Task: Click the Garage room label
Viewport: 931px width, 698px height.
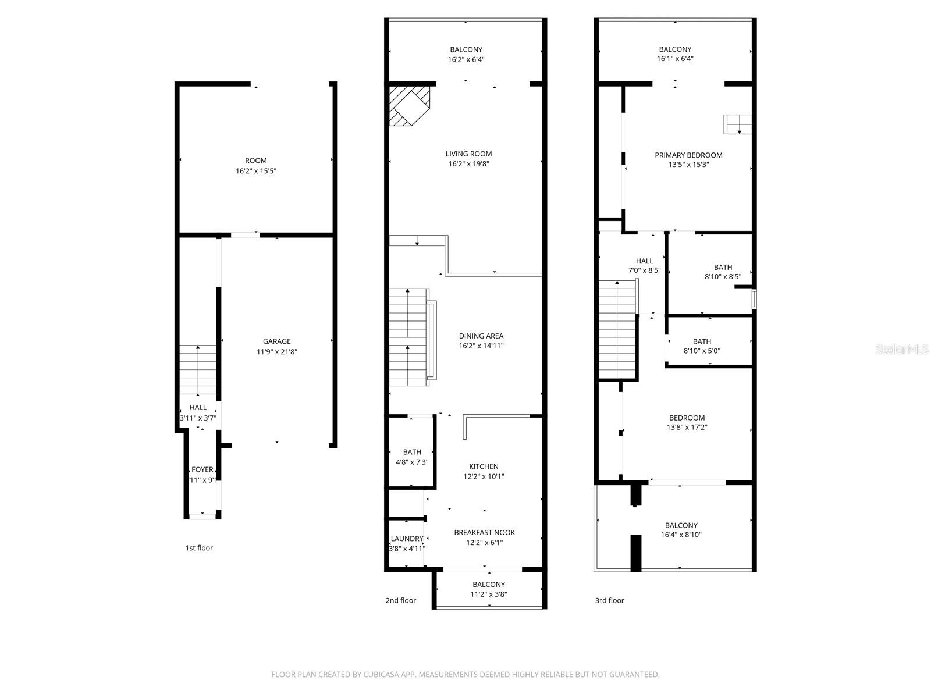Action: click(276, 341)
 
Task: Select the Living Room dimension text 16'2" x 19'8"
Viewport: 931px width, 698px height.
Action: click(468, 164)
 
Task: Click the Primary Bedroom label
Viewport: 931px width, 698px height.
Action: click(688, 155)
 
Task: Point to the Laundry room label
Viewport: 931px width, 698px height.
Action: click(407, 539)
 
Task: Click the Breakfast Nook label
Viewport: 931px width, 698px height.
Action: click(484, 532)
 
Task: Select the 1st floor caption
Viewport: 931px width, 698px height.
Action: click(199, 548)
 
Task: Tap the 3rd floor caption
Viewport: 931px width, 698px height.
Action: click(609, 600)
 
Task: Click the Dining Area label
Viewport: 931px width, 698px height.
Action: click(481, 336)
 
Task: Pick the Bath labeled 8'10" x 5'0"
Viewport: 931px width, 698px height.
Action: click(702, 346)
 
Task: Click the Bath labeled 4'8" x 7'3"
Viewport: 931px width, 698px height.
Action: click(412, 457)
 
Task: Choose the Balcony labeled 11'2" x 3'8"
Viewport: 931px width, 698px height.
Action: click(489, 589)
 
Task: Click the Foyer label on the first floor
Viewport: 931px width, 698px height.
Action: click(202, 470)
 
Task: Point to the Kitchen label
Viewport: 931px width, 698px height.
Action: click(484, 466)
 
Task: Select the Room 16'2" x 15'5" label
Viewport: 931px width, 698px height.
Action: click(255, 166)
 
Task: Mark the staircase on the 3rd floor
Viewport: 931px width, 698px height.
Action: click(617, 329)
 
